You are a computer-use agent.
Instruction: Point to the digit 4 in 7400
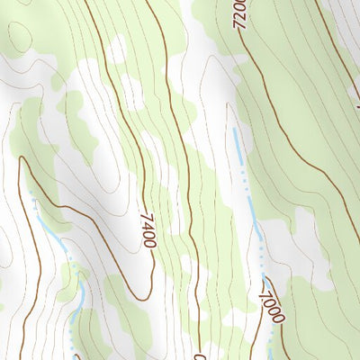pyautogui.click(x=147, y=225)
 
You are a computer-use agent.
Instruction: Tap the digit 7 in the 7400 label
pyautogui.click(x=145, y=216)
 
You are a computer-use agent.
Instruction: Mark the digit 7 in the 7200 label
pyautogui.click(x=239, y=28)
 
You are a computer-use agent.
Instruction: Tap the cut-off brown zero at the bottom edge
pyautogui.click(x=200, y=354)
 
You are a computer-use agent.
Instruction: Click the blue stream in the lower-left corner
pyautogui.click(x=76, y=297)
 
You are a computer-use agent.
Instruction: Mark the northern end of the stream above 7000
pyautogui.click(x=236, y=130)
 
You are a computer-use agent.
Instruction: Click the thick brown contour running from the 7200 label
pyautogui.click(x=270, y=99)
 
